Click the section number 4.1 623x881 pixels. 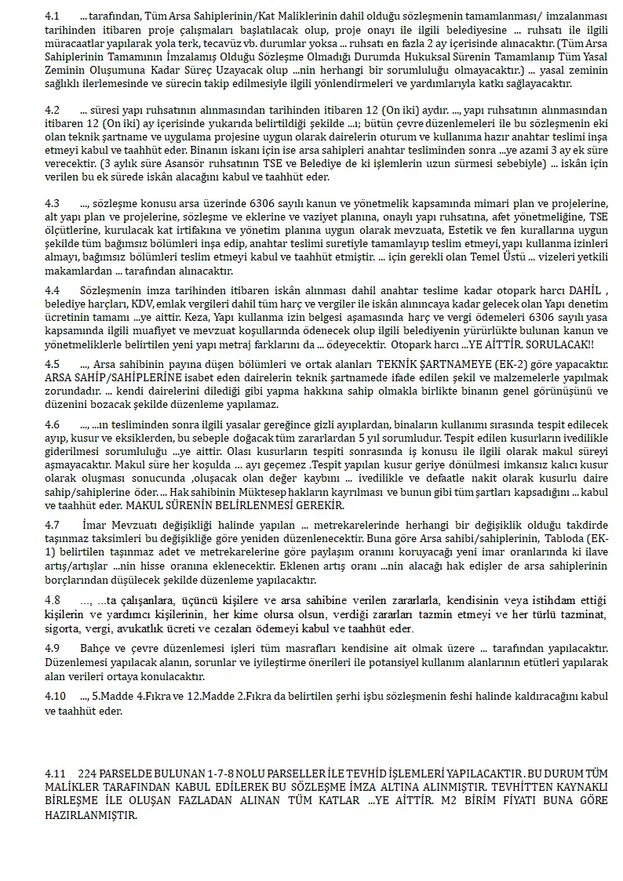point(53,16)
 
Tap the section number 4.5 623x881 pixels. point(53,364)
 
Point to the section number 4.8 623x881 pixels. point(53,599)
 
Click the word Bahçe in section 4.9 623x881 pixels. point(96,649)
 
